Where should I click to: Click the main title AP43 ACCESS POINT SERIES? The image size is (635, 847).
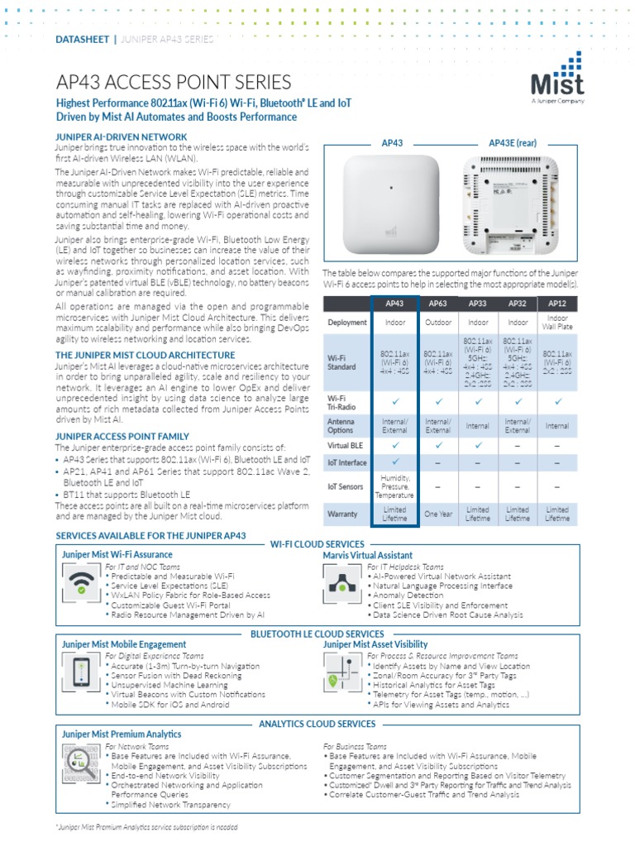coord(173,82)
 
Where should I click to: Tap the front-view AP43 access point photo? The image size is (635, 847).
coord(392,204)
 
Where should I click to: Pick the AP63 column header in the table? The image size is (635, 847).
coord(437,303)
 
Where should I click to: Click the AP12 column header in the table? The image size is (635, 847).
coord(556,303)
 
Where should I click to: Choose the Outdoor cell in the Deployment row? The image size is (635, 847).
coord(437,323)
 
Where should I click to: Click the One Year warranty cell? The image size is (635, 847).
coord(437,514)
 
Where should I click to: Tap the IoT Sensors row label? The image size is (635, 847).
coord(346,486)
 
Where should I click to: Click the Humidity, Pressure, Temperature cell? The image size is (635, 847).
coord(395,486)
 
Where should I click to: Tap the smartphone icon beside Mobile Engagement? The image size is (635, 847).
coord(82,672)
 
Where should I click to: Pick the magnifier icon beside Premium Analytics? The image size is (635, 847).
coord(80,763)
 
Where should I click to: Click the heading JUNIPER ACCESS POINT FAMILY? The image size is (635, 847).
coord(122,436)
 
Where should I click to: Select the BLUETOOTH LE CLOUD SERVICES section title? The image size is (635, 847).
coord(317,634)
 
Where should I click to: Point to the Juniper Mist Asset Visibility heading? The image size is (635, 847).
coord(375,644)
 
